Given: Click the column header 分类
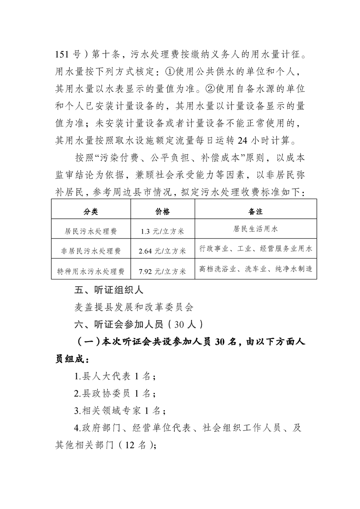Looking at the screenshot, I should [90, 212].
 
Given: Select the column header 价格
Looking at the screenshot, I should [163, 212].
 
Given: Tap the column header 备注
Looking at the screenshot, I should [256, 212].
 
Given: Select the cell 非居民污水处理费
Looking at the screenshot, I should [91, 251].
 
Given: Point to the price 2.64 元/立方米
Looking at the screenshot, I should [163, 251].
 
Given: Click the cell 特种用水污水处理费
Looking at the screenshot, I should [91, 271].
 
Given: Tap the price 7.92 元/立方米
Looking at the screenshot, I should [163, 271].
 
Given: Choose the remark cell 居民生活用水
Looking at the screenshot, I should [256, 229].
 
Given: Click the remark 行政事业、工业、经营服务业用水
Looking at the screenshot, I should [256, 249].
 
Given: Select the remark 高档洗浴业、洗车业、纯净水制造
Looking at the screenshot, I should [256, 269].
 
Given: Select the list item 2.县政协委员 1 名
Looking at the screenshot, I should [115, 393].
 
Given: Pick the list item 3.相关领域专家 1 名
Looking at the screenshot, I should [119, 411].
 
